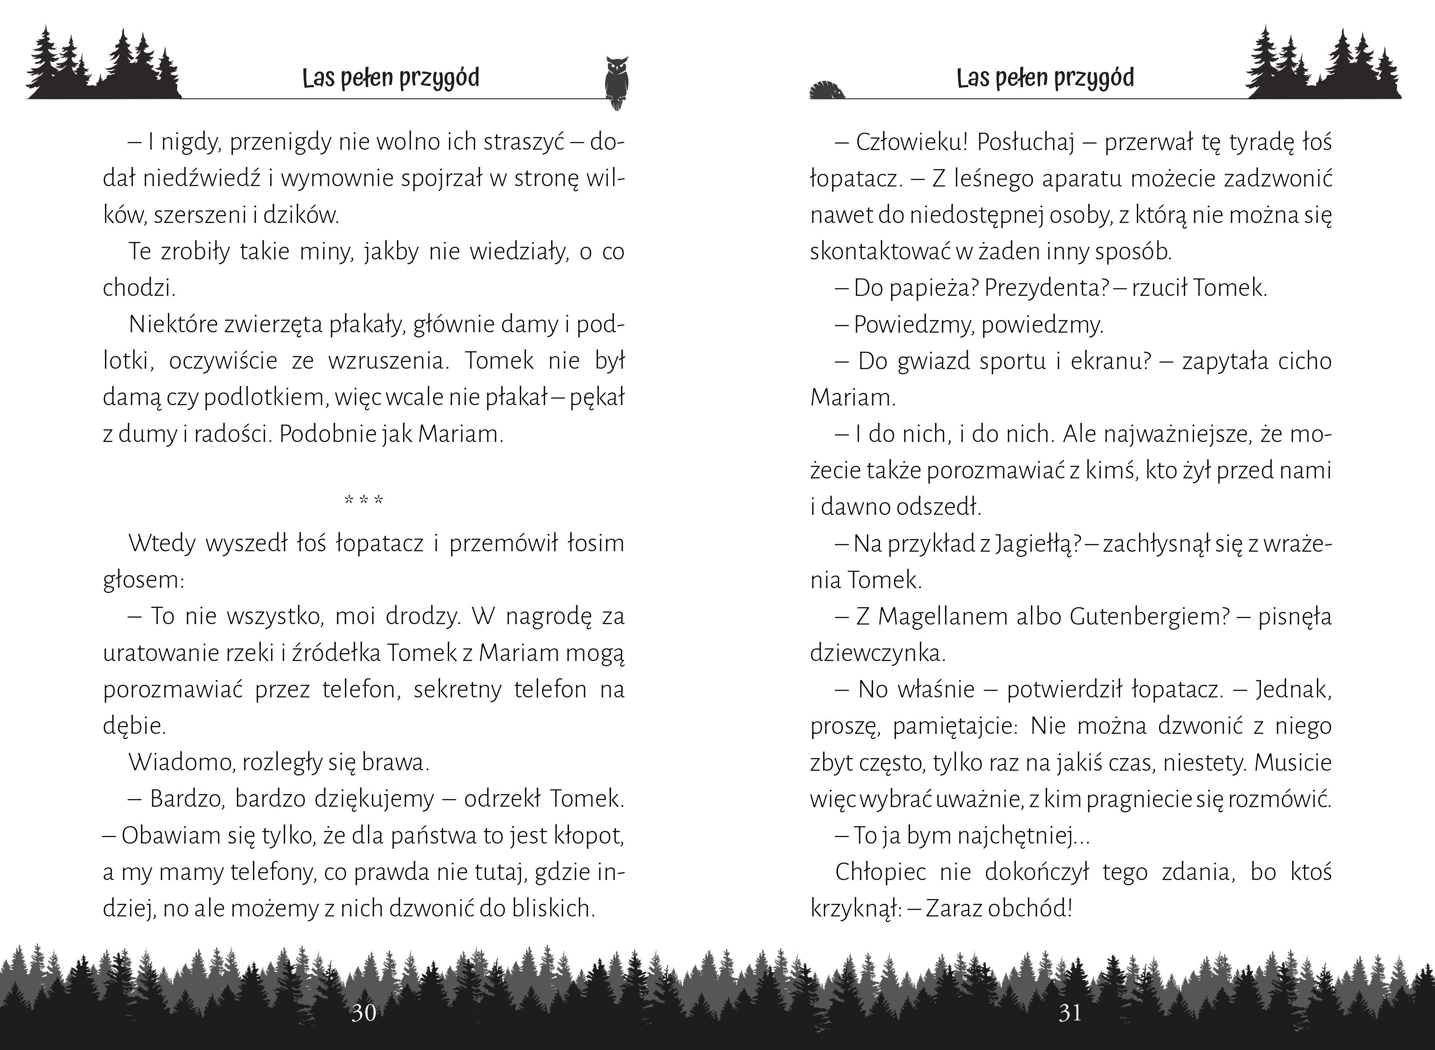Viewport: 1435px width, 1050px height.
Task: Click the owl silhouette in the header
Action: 616,82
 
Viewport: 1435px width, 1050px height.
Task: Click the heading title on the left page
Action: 391,78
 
